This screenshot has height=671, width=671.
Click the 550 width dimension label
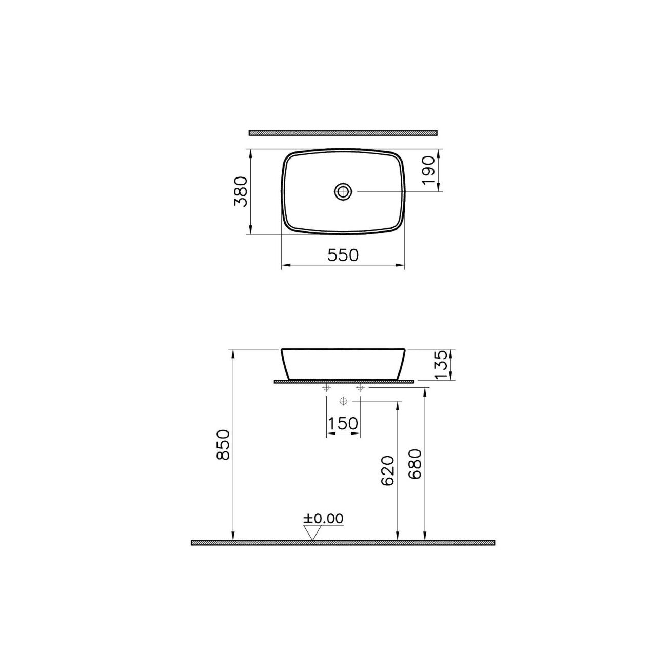point(343,255)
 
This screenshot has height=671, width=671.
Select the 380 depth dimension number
point(241,192)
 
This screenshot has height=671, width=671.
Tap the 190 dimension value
point(428,170)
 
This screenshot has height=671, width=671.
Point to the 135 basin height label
point(440,364)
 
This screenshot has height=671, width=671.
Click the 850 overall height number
point(223,445)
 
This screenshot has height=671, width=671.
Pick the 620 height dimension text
point(387,470)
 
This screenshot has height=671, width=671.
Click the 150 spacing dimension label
point(343,424)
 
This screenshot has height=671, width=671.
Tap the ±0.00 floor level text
point(323,528)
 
